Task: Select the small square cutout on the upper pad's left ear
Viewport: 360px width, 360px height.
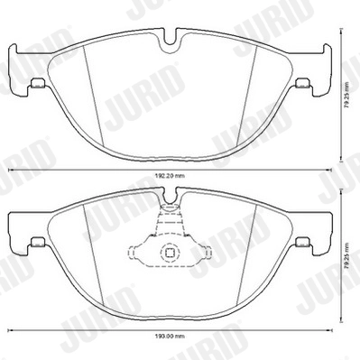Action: [38, 85]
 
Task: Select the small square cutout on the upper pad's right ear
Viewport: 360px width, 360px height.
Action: [300, 85]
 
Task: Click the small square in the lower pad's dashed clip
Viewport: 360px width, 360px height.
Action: [169, 254]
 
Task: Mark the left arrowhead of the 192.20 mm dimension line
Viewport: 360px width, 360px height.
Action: [11, 171]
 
